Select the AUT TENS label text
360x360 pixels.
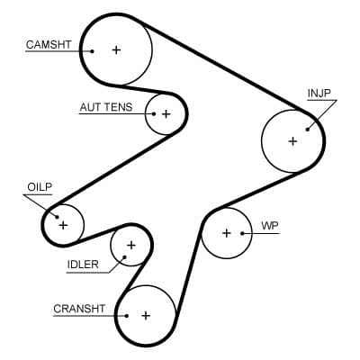click(x=105, y=107)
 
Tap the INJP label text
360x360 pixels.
click(x=319, y=94)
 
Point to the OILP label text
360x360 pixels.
click(x=40, y=187)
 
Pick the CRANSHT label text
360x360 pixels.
click(x=79, y=309)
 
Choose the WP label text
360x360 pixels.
click(x=269, y=225)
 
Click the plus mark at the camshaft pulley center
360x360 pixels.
click(x=115, y=50)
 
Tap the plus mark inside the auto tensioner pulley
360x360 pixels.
click(x=166, y=114)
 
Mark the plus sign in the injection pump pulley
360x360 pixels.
click(x=292, y=141)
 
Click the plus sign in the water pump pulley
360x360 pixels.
click(x=226, y=233)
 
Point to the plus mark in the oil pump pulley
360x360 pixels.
click(x=63, y=224)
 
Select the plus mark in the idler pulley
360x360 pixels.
click(x=130, y=245)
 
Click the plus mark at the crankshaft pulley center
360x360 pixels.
click(x=145, y=316)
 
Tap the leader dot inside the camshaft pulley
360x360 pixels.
click(x=92, y=51)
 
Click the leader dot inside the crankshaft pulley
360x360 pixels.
click(x=127, y=316)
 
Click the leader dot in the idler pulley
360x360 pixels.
click(x=125, y=256)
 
